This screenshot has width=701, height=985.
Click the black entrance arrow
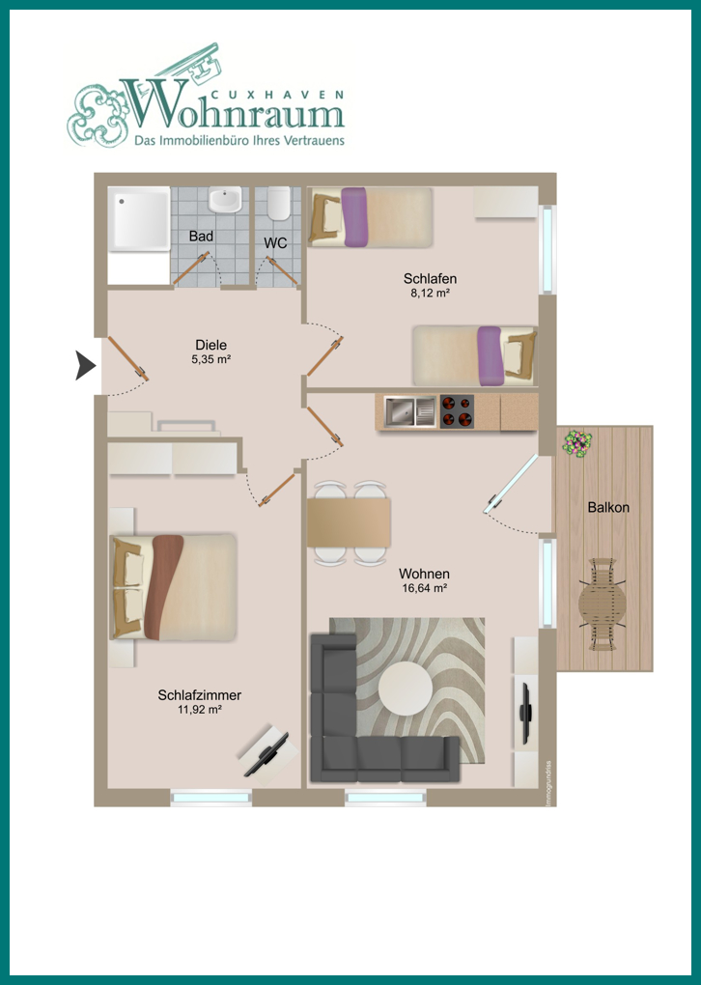[x=85, y=366]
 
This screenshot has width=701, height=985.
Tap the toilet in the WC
[x=278, y=203]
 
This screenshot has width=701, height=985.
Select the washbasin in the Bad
[x=224, y=199]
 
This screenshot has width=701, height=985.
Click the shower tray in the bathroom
[x=138, y=218]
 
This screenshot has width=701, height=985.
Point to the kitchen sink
[x=410, y=410]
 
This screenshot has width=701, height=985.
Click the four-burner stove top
[x=457, y=411]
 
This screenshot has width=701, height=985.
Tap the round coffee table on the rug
[x=406, y=688]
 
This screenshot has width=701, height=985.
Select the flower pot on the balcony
[x=576, y=442]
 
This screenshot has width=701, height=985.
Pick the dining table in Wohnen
[x=349, y=522]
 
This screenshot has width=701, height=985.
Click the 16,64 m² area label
[x=424, y=589]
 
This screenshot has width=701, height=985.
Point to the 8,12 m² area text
[x=430, y=292]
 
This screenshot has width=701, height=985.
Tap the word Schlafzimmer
[x=200, y=695]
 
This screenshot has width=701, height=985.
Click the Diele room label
[x=211, y=345]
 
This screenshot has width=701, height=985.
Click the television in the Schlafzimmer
[x=266, y=754]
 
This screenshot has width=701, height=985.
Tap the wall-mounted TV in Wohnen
[x=526, y=711]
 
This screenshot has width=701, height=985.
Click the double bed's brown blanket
[x=163, y=587]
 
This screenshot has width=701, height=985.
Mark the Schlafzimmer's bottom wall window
[x=211, y=798]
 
